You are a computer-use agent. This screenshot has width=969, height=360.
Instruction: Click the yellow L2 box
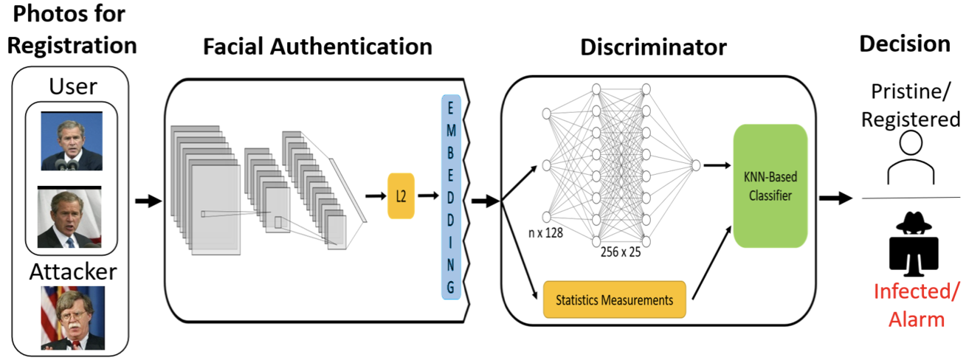401,196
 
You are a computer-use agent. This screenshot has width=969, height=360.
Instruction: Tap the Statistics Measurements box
614,300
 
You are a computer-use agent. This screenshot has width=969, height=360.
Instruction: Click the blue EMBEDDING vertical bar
451,197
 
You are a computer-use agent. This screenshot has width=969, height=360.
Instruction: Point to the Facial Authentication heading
318,46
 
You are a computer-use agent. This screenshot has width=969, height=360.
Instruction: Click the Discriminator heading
653,48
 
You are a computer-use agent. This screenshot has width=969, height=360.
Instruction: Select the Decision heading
904,44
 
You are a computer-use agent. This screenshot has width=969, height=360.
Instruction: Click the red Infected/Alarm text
916,305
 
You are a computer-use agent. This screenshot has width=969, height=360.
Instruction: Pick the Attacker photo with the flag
72,318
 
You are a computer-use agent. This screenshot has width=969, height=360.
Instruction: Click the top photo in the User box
71,141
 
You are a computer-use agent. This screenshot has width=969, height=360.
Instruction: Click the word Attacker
72,271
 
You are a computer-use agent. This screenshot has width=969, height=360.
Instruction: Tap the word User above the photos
72,88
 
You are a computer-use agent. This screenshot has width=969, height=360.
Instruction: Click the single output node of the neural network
695,165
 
